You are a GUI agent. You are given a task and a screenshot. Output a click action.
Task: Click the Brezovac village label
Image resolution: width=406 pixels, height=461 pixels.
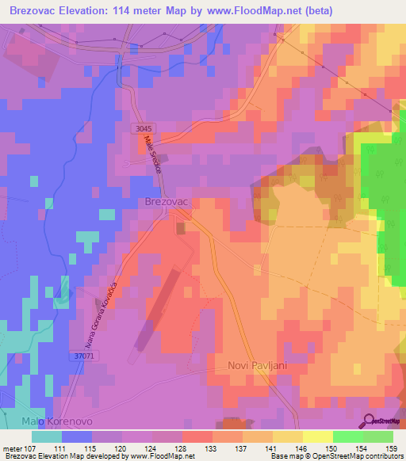(166, 202)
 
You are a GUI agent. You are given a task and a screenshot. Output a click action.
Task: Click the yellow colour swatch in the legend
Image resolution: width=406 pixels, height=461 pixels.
(317, 436)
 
